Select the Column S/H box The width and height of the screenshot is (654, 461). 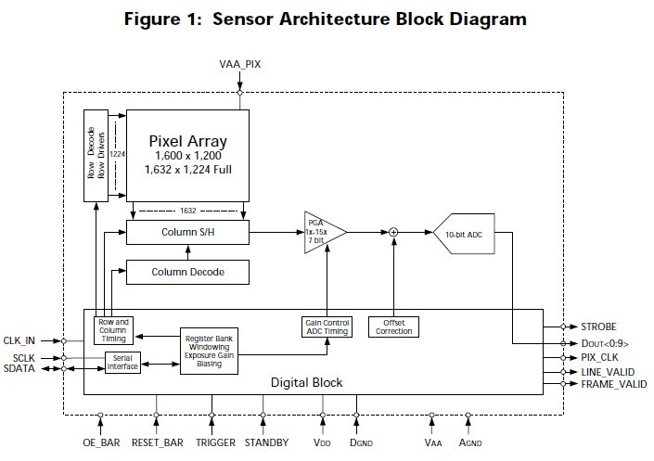click(x=187, y=233)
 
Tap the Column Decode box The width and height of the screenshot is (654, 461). click(x=187, y=272)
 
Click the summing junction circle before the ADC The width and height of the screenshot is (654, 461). click(x=393, y=232)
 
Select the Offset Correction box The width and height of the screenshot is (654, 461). click(x=394, y=327)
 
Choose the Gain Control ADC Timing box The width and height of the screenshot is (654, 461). click(x=326, y=327)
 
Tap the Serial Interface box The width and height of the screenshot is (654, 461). click(x=122, y=362)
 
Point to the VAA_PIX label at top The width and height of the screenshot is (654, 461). click(x=240, y=66)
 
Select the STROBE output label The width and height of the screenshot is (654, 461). click(x=599, y=327)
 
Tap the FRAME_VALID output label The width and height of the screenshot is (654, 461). click(x=613, y=383)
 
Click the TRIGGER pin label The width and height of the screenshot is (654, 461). click(x=215, y=442)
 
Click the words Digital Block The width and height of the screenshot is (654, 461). click(x=306, y=381)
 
